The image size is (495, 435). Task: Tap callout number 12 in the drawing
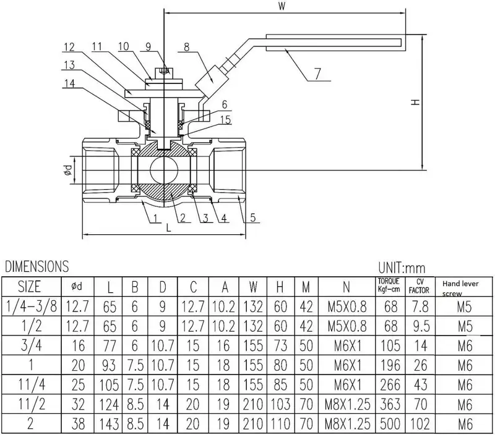pos(69,47)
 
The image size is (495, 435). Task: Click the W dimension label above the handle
pos(282,8)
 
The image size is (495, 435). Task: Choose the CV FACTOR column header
pos(419,286)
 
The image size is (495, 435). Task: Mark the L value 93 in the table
pos(110,365)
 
